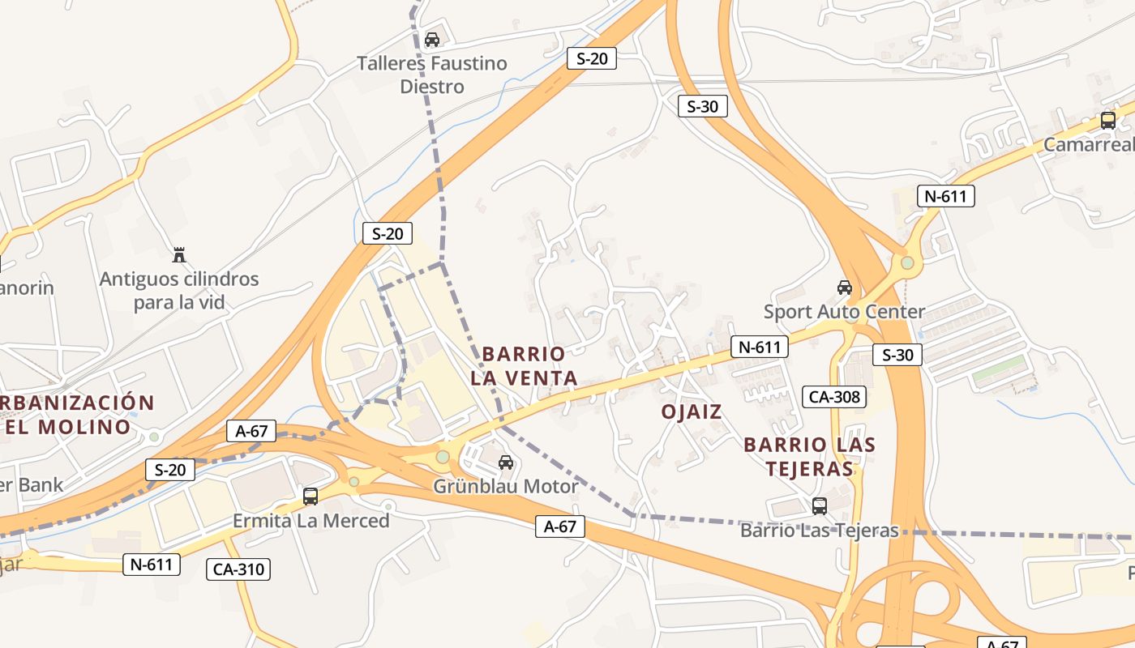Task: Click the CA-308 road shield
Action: (834, 397)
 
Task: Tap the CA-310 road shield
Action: (238, 569)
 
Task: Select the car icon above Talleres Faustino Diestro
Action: (432, 40)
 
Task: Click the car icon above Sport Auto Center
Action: (845, 288)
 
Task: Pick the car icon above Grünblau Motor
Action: (506, 463)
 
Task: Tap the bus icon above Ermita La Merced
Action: (311, 497)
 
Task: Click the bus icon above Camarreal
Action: (1108, 121)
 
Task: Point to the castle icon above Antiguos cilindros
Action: (179, 255)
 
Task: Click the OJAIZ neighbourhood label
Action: (692, 411)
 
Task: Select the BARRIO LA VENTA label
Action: (524, 366)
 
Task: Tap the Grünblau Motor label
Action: (506, 487)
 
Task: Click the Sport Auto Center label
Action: (844, 312)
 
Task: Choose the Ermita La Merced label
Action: (311, 520)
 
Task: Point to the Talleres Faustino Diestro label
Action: (432, 75)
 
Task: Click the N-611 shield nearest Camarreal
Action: (945, 195)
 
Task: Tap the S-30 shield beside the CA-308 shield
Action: (897, 355)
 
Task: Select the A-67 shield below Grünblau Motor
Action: (559, 526)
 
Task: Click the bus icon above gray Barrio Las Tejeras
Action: (820, 506)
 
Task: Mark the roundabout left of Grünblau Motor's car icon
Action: (443, 458)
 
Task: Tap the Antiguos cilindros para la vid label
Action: (179, 291)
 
